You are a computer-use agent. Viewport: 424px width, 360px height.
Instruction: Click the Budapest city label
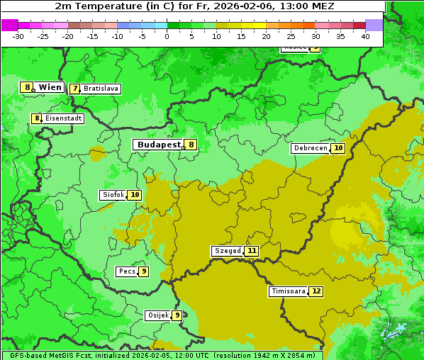159,145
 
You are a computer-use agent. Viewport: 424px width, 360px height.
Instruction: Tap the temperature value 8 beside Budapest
191,145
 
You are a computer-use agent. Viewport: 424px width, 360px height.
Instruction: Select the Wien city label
50,87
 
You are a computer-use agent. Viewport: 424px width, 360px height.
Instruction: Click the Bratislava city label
100,89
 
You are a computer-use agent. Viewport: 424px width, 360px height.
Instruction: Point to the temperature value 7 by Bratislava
74,89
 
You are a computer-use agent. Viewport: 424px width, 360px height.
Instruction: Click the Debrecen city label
310,148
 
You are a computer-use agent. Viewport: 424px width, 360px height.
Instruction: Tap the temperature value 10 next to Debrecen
338,148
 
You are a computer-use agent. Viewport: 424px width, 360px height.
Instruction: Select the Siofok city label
113,195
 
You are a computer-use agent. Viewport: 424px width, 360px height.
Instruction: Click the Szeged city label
227,251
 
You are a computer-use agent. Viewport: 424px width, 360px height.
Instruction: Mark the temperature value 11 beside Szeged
252,251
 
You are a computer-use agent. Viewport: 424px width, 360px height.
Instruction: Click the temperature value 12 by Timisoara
316,291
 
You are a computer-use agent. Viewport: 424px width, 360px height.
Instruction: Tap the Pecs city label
127,271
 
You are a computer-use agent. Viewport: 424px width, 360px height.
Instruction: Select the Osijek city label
157,315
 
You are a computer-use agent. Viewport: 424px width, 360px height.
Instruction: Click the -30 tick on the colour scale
18,36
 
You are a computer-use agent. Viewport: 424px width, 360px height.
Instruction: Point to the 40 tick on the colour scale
365,36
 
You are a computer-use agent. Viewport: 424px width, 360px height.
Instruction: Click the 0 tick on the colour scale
167,36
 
